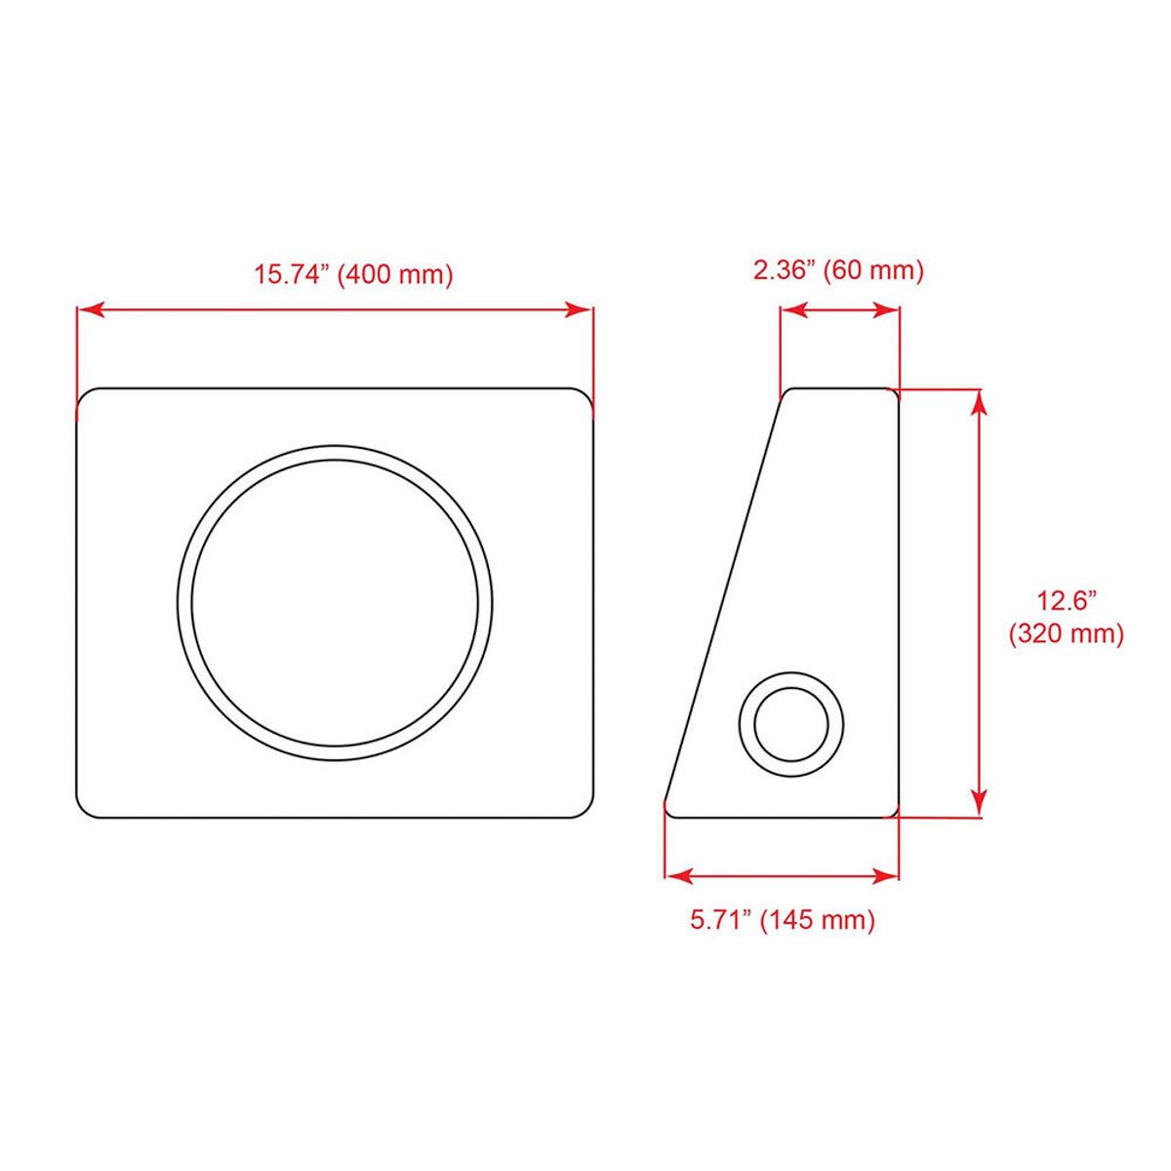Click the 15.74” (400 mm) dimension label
353,275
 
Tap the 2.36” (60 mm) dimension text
838,269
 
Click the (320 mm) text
1067,634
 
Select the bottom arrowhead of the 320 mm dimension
979,803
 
